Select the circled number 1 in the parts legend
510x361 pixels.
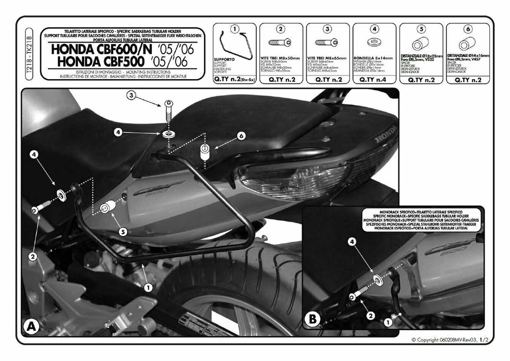pos(235,29)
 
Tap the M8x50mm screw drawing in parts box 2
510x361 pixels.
pos(280,43)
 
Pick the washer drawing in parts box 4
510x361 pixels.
pos(375,42)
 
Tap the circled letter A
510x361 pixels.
pos(31,325)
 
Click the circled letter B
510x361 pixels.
pos(313,320)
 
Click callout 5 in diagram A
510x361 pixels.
pos(123,232)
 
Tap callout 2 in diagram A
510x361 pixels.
pos(32,256)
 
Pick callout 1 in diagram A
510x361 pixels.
pos(148,287)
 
